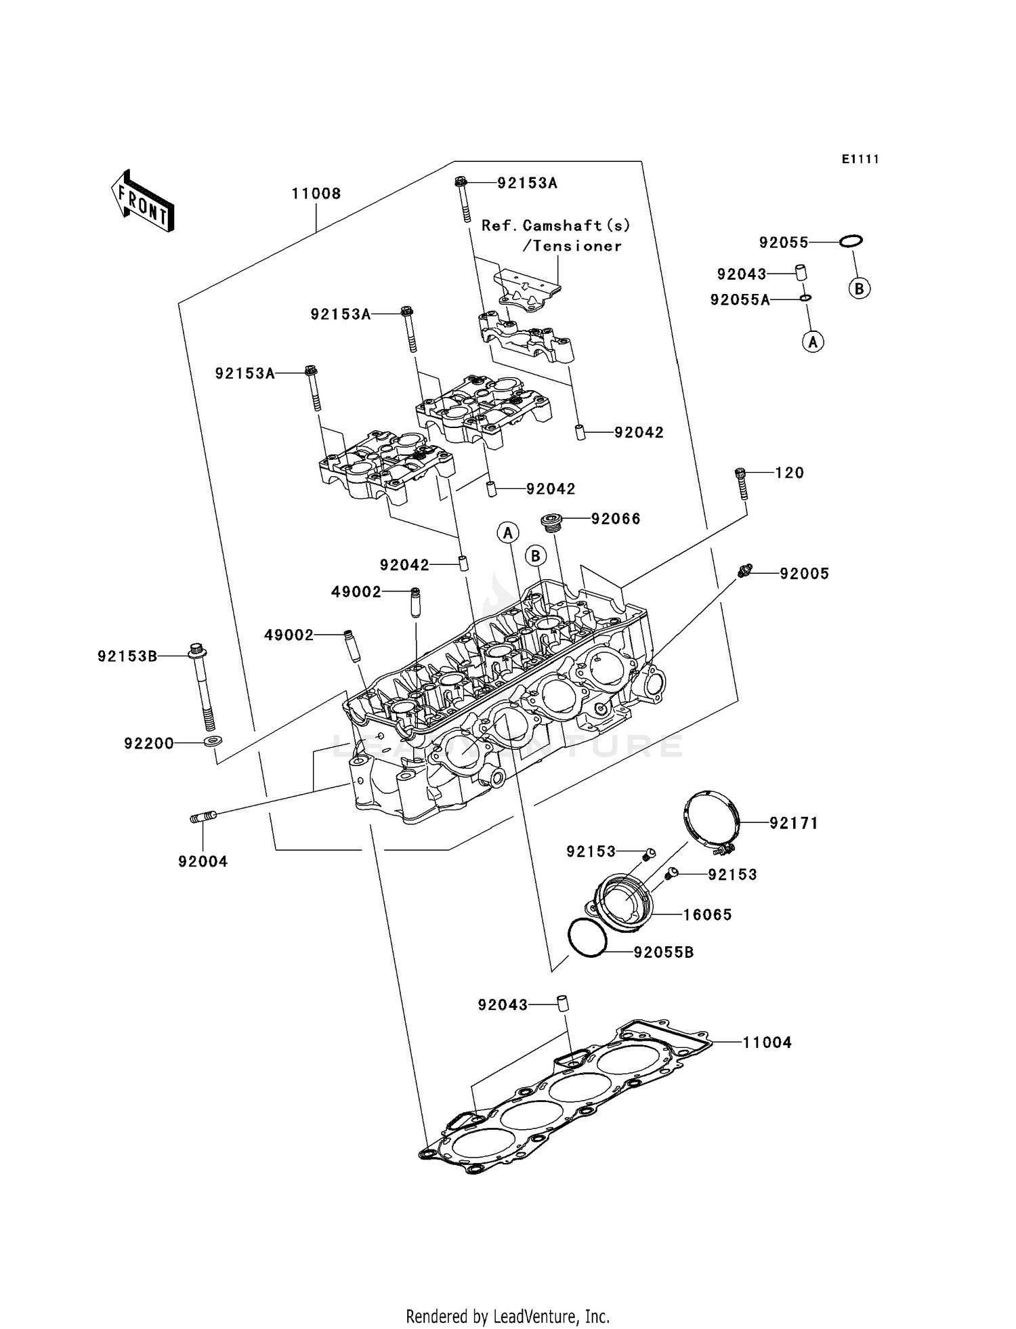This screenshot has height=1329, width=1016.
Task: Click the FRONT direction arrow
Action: (143, 201)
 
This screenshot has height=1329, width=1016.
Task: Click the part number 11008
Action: (316, 194)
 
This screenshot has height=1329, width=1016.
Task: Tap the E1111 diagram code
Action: (860, 159)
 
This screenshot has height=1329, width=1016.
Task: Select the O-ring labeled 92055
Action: (851, 241)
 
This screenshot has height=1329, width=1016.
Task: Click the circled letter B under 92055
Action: (859, 289)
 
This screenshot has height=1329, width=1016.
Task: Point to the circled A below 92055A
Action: (813, 342)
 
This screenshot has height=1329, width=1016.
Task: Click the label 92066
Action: (616, 519)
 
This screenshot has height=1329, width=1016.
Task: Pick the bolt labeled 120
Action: (741, 483)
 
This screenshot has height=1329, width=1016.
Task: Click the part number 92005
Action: (804, 574)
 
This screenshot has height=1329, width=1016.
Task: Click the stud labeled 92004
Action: (203, 818)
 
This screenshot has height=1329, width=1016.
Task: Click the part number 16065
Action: (707, 915)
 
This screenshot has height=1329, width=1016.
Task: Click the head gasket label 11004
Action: (767, 1042)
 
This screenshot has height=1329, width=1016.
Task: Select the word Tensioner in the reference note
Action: (576, 246)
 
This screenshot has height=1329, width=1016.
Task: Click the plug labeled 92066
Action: (551, 523)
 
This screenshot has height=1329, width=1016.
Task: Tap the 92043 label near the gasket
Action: (502, 1005)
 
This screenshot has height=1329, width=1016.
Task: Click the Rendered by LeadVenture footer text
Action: (507, 1316)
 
